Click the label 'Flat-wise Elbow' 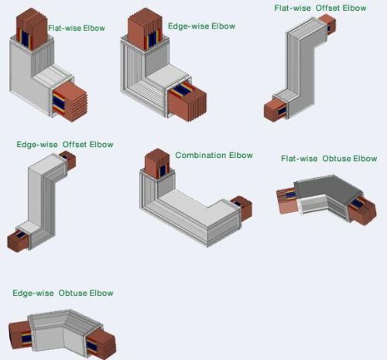[77, 28]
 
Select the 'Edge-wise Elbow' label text [202, 26]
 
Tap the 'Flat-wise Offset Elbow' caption [320, 8]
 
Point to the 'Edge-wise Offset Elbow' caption [65, 144]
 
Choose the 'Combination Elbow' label [214, 155]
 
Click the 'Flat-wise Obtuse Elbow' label [329, 159]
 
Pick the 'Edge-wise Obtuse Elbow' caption [63, 293]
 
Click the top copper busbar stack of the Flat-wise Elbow [32, 29]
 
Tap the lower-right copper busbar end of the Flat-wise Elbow [70, 102]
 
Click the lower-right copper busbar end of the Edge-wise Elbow [187, 102]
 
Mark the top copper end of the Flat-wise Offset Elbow [327, 23]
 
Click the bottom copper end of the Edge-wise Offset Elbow [18, 240]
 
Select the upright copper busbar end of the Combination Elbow [157, 163]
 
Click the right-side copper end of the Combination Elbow [241, 207]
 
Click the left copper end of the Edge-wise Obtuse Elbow [21, 336]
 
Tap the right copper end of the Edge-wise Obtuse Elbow [101, 343]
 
